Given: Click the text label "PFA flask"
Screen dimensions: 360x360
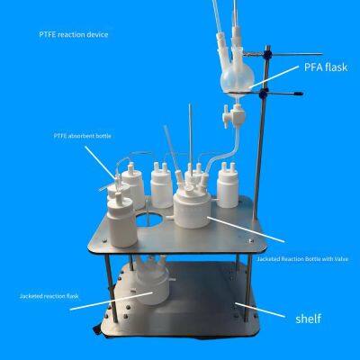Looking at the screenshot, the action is [x=326, y=67].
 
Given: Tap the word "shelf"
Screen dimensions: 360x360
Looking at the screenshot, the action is [x=308, y=319].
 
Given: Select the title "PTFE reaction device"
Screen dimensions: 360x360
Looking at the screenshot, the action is [x=74, y=34].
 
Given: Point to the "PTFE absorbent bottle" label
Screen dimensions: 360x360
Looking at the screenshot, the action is [x=83, y=136].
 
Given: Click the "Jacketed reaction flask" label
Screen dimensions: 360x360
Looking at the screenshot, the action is [x=49, y=296].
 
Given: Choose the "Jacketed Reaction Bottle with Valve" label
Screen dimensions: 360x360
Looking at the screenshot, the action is [x=302, y=258].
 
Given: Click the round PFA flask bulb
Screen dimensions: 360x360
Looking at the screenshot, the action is [x=237, y=79].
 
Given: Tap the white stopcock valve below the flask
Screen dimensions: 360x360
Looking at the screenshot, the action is [x=234, y=114].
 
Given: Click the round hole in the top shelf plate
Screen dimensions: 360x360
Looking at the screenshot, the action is [x=149, y=220].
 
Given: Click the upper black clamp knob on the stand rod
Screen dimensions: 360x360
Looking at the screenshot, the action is [x=267, y=54].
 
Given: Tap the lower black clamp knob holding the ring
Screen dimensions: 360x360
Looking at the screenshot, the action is [x=264, y=94].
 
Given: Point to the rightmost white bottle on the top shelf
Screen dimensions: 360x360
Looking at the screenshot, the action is [x=228, y=185].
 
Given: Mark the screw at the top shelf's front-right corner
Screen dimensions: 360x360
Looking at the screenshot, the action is [x=250, y=240].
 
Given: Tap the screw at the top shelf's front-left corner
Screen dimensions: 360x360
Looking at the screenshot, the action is [x=104, y=240].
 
